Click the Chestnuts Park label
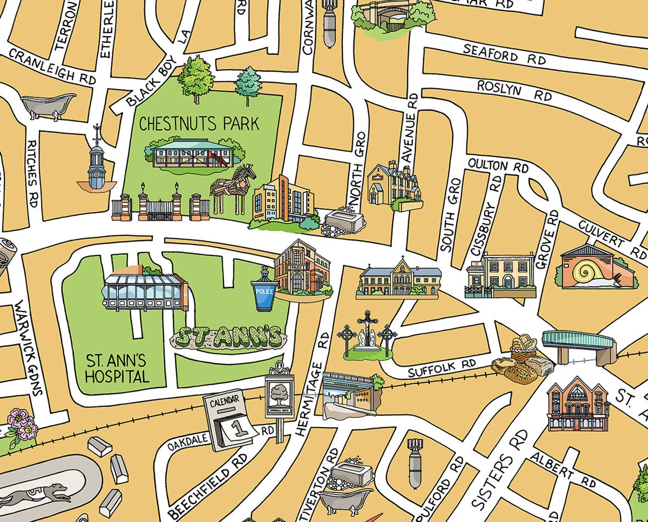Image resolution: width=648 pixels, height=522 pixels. click(199, 124)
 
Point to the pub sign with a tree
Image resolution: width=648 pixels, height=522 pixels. click(279, 394)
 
